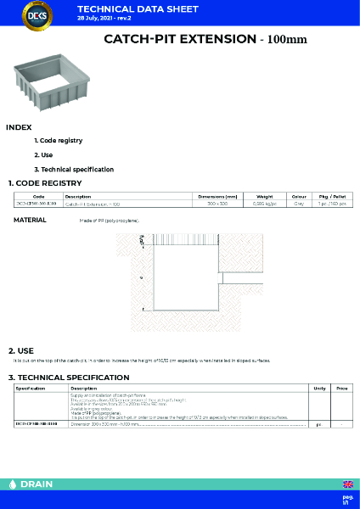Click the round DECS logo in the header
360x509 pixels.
coord(36,18)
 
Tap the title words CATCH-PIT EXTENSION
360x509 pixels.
coord(178,39)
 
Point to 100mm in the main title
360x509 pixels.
coord(285,40)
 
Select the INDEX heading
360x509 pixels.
coord(19,127)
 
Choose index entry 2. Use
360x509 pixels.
coord(43,154)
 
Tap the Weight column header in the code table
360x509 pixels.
coord(264,196)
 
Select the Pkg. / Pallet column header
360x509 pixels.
coord(332,196)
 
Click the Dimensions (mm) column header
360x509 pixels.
coord(217,196)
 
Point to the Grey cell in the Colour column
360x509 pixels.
coord(299,204)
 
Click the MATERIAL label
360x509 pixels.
coord(30,220)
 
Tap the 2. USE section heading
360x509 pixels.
coord(21,350)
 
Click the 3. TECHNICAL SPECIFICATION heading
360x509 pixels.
coord(69,377)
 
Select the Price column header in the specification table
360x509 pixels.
coord(342,388)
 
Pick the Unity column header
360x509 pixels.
coord(319,388)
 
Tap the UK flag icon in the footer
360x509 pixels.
coord(346,484)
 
